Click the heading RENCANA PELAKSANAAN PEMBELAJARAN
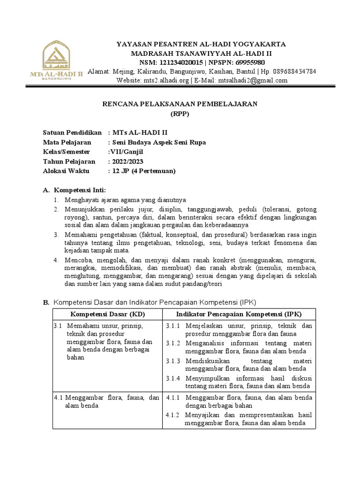(180, 104)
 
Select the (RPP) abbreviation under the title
(180, 113)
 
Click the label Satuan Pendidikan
(72, 133)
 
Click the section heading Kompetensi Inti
(80, 190)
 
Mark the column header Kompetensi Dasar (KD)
(107, 314)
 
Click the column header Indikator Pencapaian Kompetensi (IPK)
(239, 314)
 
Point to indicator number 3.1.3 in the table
(173, 361)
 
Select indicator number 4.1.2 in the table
(173, 415)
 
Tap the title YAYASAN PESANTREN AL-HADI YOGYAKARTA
(201, 44)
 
